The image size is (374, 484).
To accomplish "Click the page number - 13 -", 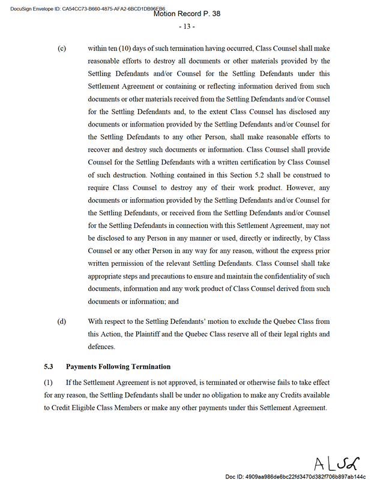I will (x=186, y=26).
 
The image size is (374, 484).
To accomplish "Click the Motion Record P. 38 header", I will (x=187, y=14).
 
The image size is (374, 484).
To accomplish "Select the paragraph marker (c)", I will (x=61, y=48).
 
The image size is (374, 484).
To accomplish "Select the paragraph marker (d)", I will (x=61, y=321).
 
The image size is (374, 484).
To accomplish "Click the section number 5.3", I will (x=49, y=366).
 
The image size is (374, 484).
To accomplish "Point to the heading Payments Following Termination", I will (x=118, y=366).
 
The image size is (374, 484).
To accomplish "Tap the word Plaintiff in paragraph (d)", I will (x=158, y=333).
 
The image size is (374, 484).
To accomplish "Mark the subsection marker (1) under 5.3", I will (x=49, y=383).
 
